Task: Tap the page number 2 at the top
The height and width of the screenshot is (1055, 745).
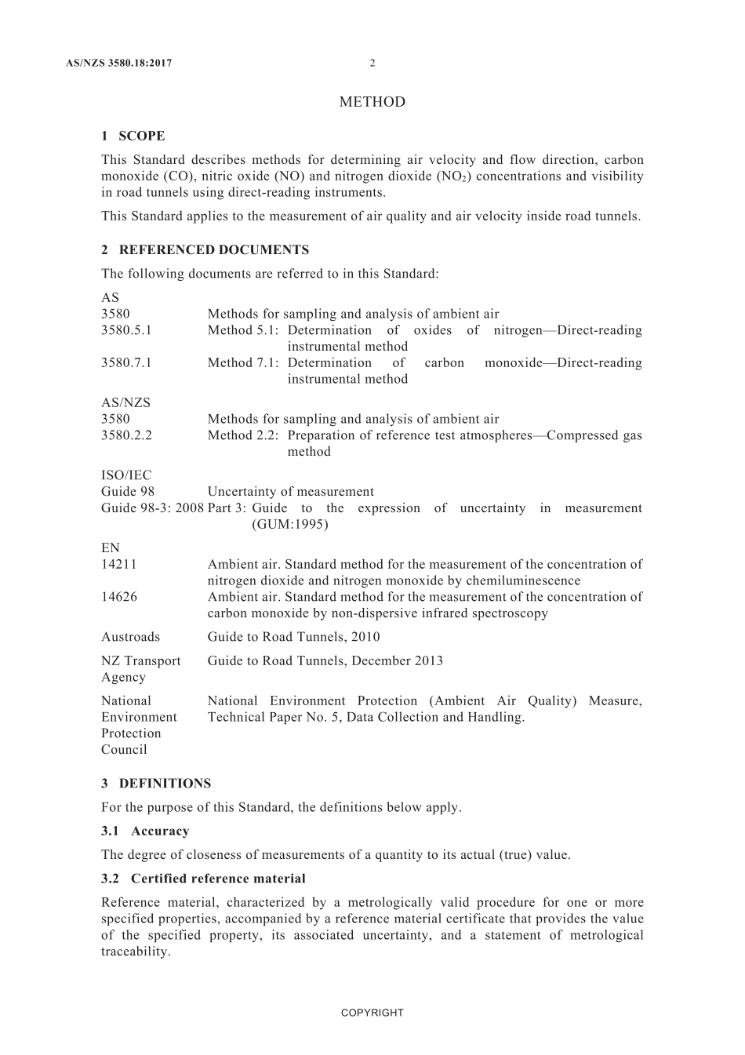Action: point(372,64)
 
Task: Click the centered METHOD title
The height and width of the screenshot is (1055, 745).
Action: point(372,102)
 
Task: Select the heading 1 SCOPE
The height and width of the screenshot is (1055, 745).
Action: point(133,136)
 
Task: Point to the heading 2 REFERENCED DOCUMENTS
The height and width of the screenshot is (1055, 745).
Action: point(205,249)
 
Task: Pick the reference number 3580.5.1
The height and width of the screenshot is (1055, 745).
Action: point(126,330)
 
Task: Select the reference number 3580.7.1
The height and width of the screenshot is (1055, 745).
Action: point(126,362)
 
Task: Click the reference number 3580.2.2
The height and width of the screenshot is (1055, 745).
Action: point(126,435)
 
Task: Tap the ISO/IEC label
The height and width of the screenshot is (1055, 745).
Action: point(126,475)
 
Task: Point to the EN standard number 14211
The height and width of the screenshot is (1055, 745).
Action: point(118,564)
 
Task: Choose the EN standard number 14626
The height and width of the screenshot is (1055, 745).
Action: point(118,597)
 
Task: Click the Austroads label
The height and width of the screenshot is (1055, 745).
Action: point(130,637)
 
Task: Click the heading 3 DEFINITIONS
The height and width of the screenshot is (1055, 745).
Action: point(156,783)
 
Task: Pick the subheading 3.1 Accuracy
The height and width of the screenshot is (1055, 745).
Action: point(145,831)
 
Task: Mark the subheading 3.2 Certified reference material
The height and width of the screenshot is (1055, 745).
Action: point(203,879)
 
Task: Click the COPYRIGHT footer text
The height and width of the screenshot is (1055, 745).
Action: point(372,1013)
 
